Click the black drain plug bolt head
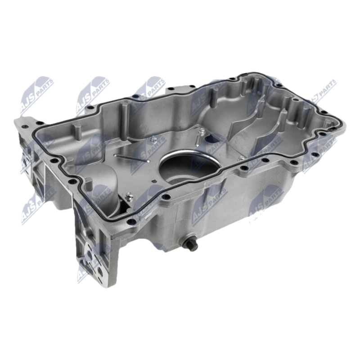pos(193,245)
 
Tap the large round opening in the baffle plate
pos(188,165)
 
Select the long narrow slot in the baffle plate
pos(132,158)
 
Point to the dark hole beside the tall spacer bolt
pos(211,138)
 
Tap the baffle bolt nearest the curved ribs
pos(241,158)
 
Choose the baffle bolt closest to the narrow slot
pos(152,139)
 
